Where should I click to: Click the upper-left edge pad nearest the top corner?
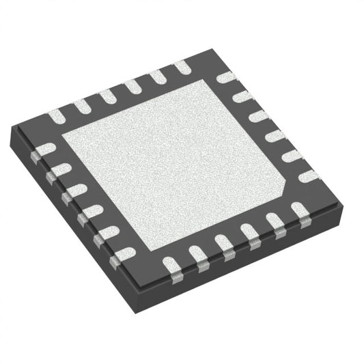180,67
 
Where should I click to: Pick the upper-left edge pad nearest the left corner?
56,117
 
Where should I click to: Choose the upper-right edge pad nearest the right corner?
309,176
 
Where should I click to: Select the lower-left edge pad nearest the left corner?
45,149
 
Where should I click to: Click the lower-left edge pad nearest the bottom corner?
123,255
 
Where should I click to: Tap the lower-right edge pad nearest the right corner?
300,210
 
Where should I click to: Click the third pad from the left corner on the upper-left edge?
107,97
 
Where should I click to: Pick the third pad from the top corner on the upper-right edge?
259,115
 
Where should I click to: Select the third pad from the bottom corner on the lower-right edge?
224,243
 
